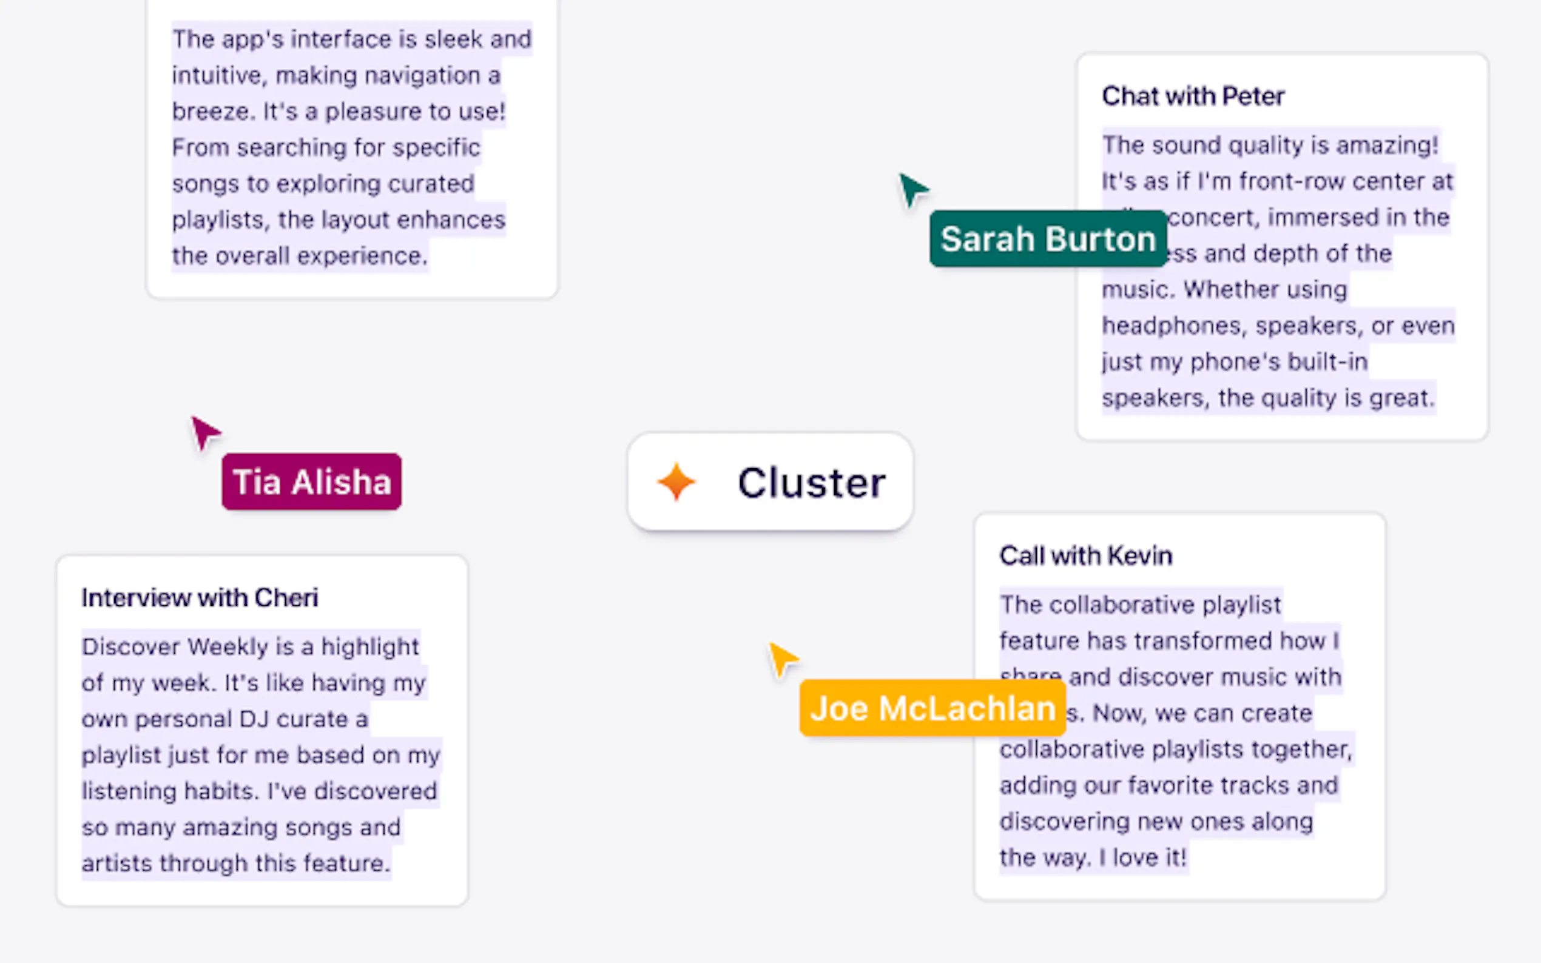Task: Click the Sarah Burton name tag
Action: (1048, 239)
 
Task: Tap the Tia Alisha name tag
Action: (311, 481)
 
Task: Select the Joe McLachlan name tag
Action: (932, 708)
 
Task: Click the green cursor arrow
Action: (913, 189)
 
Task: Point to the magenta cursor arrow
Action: (205, 432)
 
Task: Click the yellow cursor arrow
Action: (782, 659)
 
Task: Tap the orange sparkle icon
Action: (676, 482)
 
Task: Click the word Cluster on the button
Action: (812, 483)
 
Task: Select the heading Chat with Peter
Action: (1193, 96)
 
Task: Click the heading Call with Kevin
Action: (1085, 556)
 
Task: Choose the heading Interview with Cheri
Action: (200, 598)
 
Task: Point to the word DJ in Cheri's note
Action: (254, 719)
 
